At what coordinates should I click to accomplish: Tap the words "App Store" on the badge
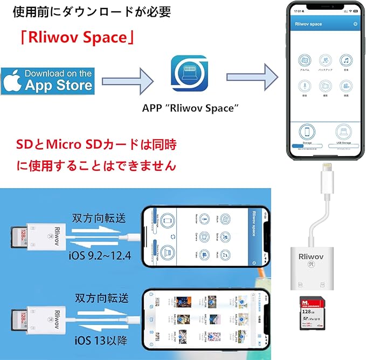pyautogui.click(x=59, y=85)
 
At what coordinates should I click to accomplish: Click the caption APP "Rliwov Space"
pyautogui.click(x=190, y=108)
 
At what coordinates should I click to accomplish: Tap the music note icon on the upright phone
pyautogui.click(x=346, y=60)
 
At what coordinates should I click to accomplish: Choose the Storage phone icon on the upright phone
pyautogui.click(x=307, y=131)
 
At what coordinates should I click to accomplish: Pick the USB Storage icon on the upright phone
pyautogui.click(x=343, y=131)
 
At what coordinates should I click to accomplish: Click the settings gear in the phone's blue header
pyautogui.click(x=355, y=24)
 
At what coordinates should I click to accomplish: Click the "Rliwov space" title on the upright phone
pyautogui.click(x=308, y=24)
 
